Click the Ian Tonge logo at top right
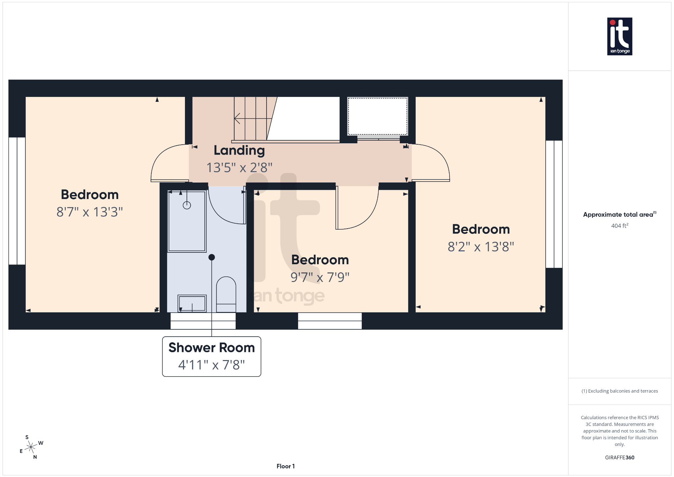619,36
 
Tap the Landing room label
239,151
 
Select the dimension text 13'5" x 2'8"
239,168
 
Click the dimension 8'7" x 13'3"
90,212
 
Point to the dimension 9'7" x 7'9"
320,277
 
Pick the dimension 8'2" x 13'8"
481,247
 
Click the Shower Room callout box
212,356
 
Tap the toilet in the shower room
226,294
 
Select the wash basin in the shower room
192,303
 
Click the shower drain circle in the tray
187,206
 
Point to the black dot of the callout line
212,257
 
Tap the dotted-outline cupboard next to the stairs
377,116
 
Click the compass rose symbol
31,447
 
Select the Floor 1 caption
285,466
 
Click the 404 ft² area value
619,226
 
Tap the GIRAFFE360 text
619,458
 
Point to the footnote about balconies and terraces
619,391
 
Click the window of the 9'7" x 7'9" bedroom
330,321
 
